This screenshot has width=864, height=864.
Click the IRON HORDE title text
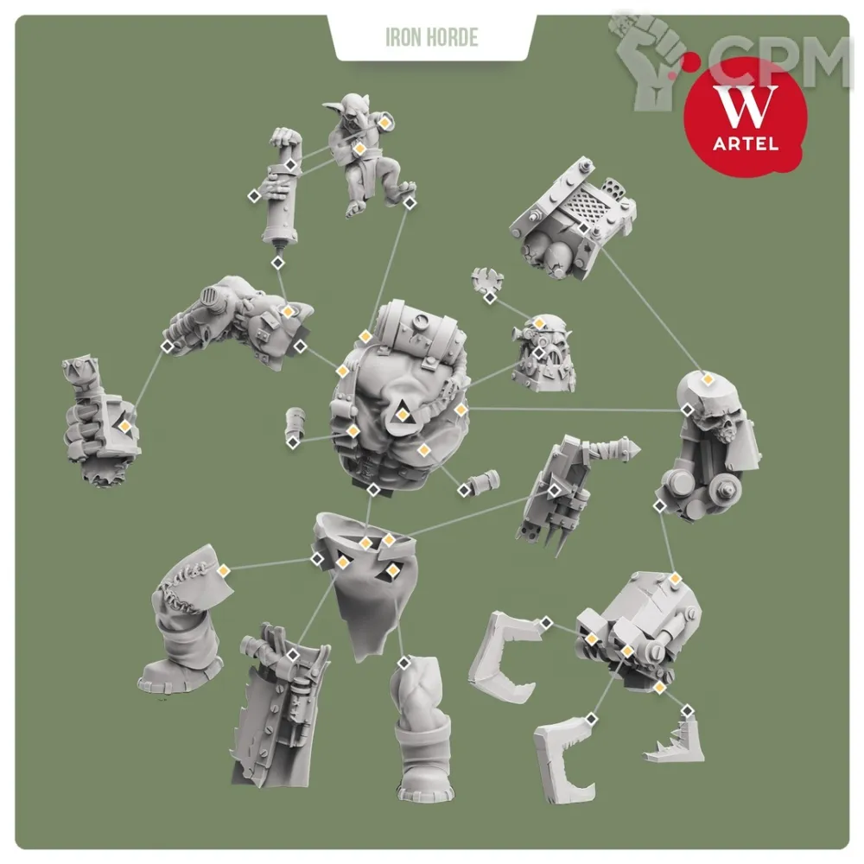[x=431, y=37]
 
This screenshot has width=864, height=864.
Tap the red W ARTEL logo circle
[x=745, y=118]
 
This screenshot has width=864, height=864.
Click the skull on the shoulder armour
[x=721, y=423]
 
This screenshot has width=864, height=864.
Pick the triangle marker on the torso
[x=403, y=413]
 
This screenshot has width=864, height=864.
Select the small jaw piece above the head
[x=487, y=280]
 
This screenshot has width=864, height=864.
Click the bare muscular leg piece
[x=421, y=727]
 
